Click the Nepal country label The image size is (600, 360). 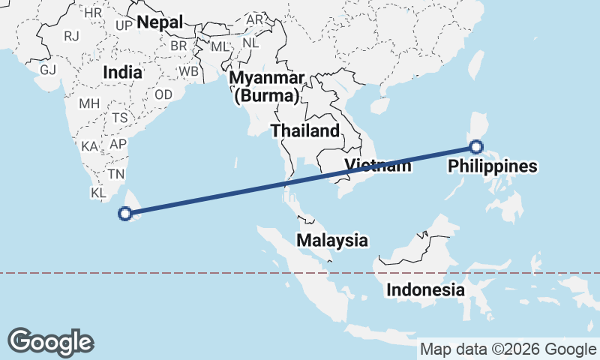click(160, 22)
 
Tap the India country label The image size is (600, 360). click(122, 73)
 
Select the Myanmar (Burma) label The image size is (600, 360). click(267, 87)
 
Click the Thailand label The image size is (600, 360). click(305, 130)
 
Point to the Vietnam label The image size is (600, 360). click(378, 166)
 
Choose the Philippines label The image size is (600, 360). click(493, 166)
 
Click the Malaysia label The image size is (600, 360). click(332, 241)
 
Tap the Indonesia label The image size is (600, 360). click(425, 289)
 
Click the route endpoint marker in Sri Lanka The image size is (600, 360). click(126, 214)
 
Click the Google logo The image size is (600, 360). click(50, 341)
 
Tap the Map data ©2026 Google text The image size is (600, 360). click(507, 349)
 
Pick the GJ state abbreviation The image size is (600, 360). click(48, 70)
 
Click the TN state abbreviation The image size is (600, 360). click(115, 174)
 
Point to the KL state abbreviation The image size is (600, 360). click(99, 193)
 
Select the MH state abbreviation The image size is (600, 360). click(88, 103)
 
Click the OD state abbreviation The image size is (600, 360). click(163, 94)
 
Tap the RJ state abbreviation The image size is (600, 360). click(71, 35)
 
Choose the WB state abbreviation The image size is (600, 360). click(188, 72)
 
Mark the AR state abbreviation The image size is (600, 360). click(256, 19)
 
